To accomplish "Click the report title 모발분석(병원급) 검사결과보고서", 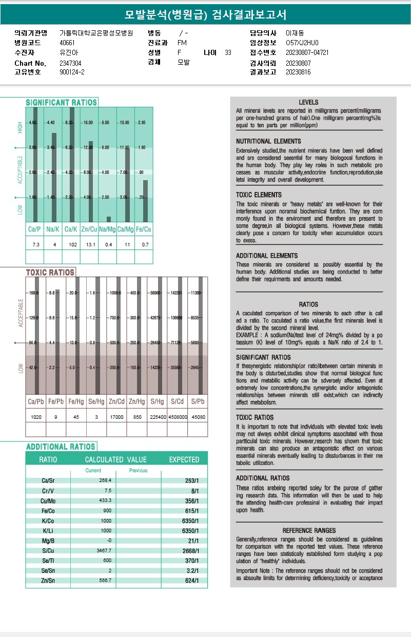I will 205,14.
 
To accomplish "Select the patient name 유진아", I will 67,52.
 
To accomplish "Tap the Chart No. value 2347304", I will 70,63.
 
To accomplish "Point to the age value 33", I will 228,52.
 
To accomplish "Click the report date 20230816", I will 298,72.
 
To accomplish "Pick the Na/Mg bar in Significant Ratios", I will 108,219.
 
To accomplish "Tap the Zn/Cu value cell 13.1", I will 91,245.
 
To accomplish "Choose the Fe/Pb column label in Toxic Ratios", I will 56,401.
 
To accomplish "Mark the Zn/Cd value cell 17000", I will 116,417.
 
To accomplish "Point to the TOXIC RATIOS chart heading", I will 50,273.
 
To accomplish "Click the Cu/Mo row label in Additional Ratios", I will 49,500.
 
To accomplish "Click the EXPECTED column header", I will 184,459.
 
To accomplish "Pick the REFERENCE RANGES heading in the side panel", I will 309,530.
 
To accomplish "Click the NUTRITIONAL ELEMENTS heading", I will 268,141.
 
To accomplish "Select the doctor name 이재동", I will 294,33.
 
